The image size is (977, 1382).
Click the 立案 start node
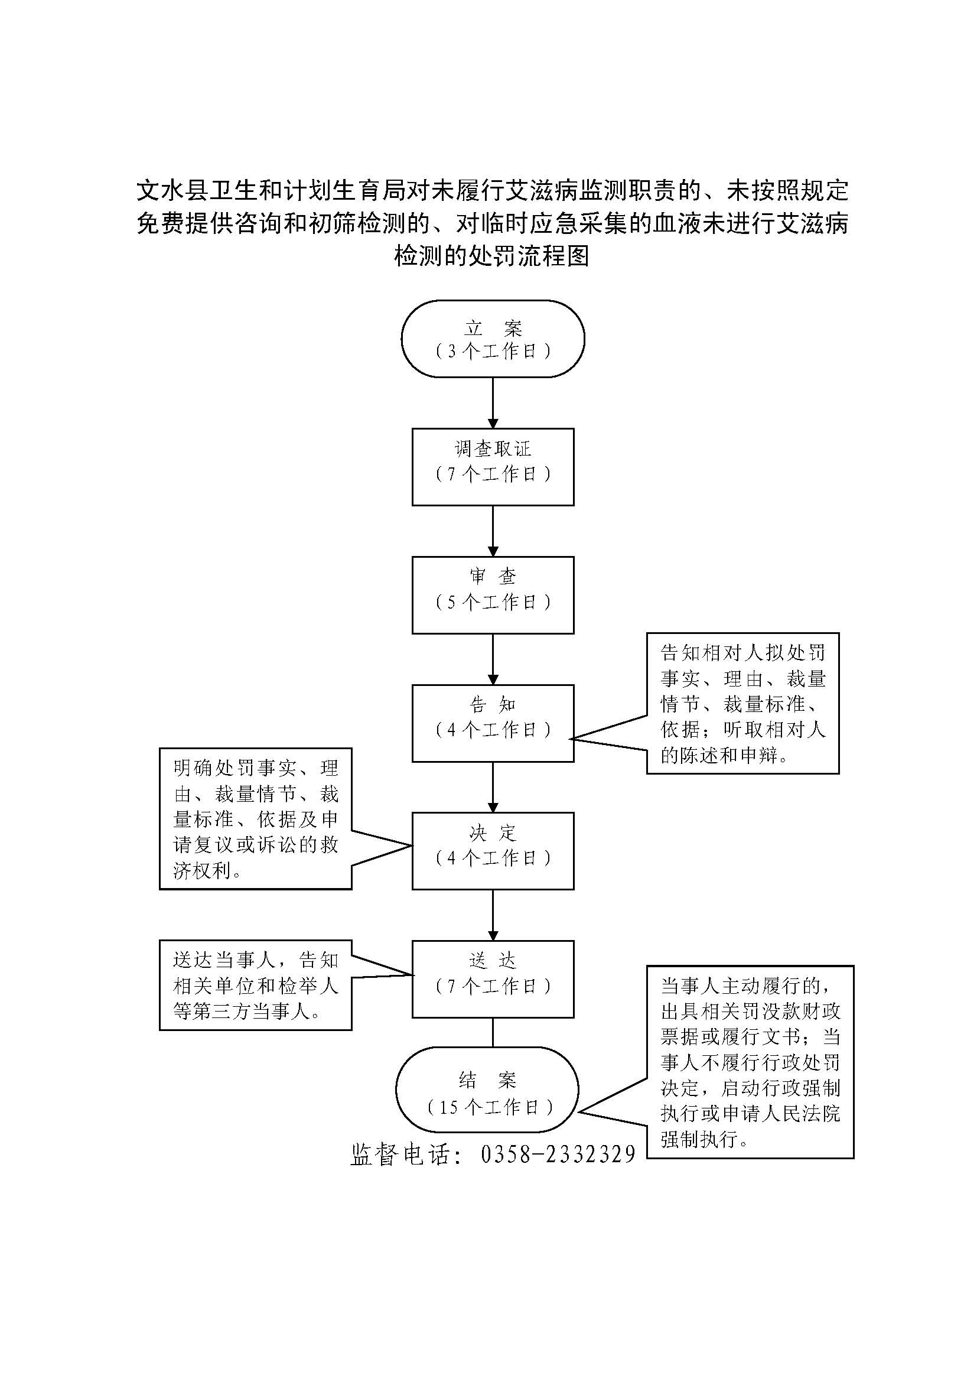(493, 339)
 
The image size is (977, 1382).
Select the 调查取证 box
(493, 467)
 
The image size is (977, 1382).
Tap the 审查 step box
(493, 595)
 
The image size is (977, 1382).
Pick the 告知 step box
(493, 723)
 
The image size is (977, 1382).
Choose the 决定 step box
(493, 850)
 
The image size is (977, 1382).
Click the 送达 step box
(493, 978)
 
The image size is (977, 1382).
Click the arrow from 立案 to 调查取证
(493, 403)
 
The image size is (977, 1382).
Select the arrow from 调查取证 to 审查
(493, 530)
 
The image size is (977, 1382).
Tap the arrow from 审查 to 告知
(493, 658)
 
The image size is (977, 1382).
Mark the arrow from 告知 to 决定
(493, 786)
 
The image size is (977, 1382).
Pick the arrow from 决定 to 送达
(493, 915)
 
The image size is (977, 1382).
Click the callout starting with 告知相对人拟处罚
(742, 703)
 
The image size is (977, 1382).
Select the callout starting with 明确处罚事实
(255, 818)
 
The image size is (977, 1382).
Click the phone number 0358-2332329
(558, 1154)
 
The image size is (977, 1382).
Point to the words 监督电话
(399, 1154)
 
